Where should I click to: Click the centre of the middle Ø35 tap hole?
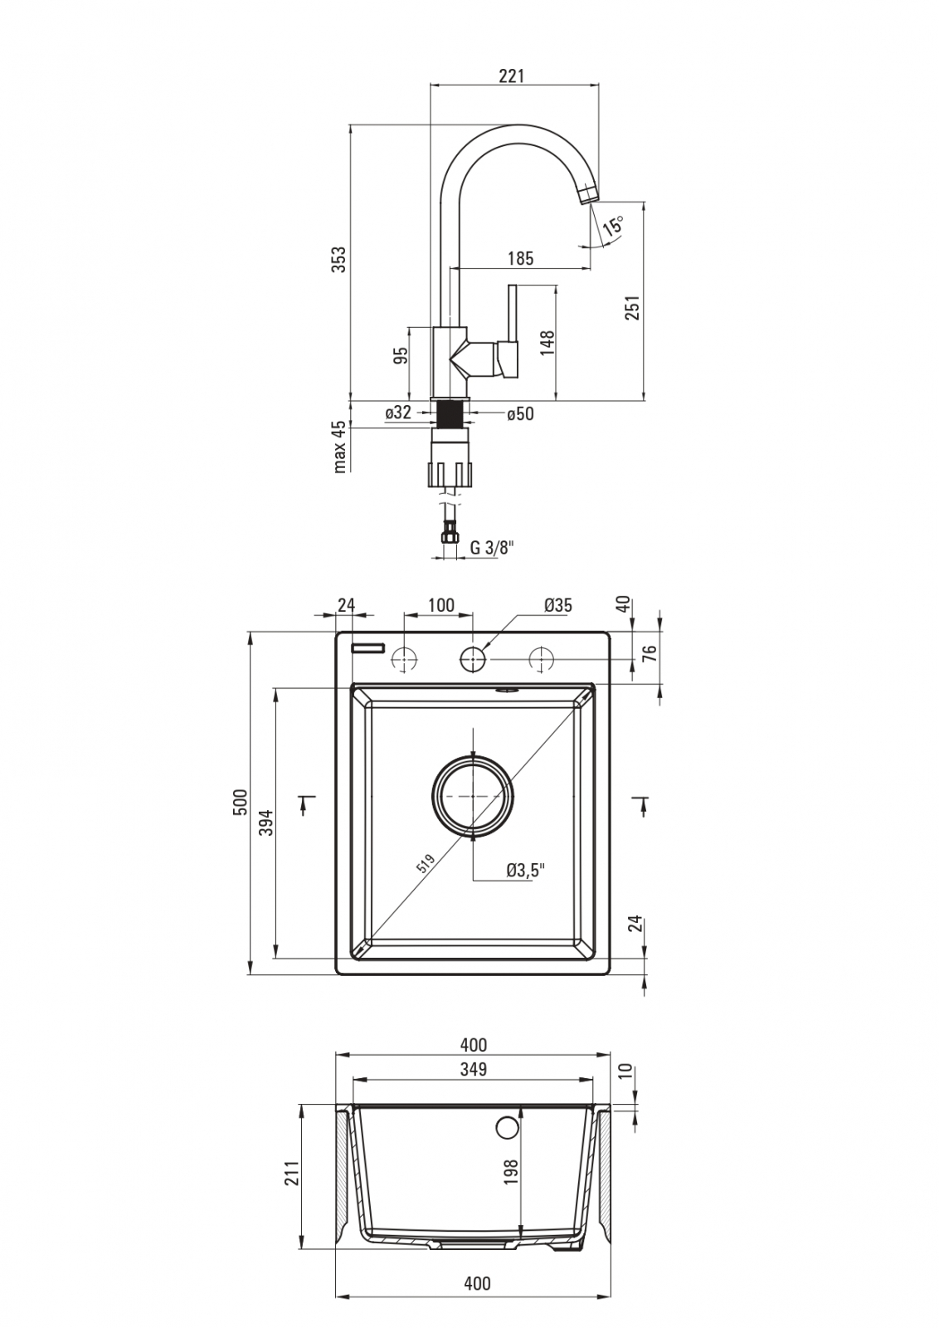coord(473,659)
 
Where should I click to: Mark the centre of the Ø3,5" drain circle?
coord(473,797)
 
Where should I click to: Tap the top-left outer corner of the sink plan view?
coord(336,632)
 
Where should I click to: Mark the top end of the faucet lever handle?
coord(513,286)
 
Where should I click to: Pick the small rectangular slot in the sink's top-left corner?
coord(368,648)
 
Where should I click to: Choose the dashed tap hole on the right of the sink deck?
coord(541,659)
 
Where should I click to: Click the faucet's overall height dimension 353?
coord(338,259)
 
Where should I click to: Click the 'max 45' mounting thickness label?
coord(338,447)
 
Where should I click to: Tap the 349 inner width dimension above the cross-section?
coord(473,1069)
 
